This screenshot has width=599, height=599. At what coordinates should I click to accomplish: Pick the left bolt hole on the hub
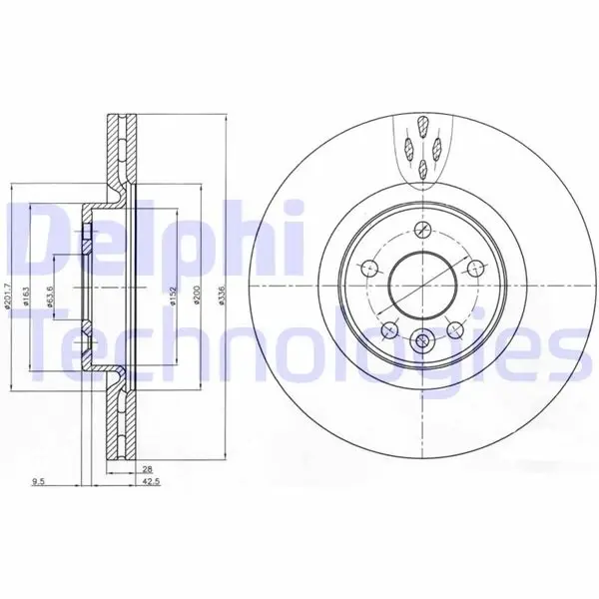tap(366, 268)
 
